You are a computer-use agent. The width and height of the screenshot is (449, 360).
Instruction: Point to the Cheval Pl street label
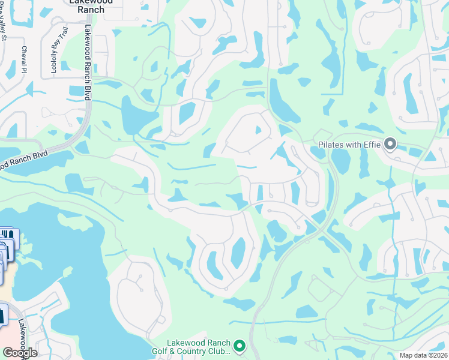pyautogui.click(x=25, y=59)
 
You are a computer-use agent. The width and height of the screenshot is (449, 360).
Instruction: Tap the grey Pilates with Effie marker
pyautogui.click(x=391, y=144)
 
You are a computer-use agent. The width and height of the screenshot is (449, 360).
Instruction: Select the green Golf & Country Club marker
pyautogui.click(x=240, y=345)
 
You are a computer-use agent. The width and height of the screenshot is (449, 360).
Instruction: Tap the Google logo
pyautogui.click(x=20, y=353)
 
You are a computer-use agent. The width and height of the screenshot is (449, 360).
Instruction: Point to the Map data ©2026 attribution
pyautogui.click(x=424, y=355)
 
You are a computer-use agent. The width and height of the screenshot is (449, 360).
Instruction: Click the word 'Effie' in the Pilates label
pyautogui.click(x=372, y=145)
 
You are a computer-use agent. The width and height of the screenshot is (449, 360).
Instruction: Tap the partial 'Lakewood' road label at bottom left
pyautogui.click(x=22, y=336)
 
